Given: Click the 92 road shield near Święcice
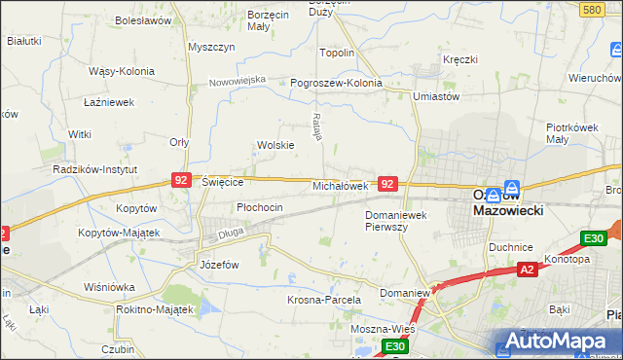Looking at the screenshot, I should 180,180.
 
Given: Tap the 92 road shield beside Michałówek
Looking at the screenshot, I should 387,183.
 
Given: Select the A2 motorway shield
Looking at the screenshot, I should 527,270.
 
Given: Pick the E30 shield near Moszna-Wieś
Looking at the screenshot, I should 394,346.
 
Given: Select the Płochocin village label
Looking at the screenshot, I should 260,207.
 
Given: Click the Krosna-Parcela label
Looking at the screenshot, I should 324,300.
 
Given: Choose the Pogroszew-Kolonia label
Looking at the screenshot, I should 337,83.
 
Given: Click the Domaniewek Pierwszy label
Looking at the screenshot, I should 399,220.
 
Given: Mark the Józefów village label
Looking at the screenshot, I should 218,265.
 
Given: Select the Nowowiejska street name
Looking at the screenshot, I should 238,81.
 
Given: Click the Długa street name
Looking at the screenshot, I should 230,233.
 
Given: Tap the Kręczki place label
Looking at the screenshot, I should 459,59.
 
